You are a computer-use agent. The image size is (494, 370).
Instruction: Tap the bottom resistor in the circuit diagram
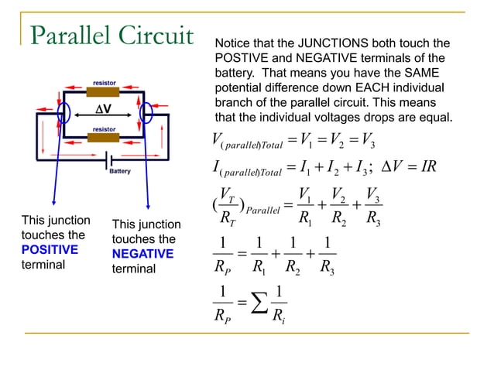[x=103, y=138]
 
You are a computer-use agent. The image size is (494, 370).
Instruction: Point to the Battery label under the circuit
[x=119, y=171]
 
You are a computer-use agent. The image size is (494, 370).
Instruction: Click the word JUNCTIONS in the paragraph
[x=324, y=43]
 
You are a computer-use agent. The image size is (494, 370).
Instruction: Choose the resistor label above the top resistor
[x=105, y=82]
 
